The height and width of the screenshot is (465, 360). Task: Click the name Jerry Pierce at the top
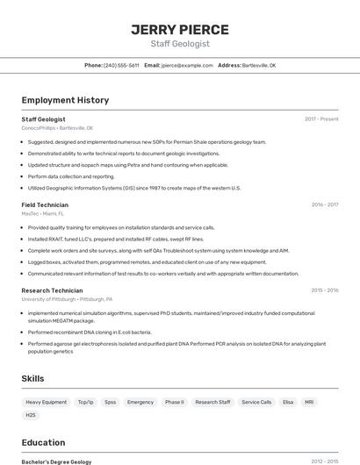click(180, 29)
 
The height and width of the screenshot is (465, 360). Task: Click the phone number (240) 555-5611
click(121, 65)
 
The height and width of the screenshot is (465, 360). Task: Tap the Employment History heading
click(65, 100)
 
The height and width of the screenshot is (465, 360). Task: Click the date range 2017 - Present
click(321, 119)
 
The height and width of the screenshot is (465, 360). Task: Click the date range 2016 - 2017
click(324, 204)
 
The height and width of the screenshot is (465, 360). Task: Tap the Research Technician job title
click(52, 290)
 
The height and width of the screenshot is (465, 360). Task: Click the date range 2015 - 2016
click(324, 290)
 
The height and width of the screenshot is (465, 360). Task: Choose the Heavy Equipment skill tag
click(46, 402)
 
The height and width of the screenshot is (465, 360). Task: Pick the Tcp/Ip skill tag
click(85, 402)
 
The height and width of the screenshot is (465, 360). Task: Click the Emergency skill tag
click(140, 402)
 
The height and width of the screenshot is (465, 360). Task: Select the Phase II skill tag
click(175, 402)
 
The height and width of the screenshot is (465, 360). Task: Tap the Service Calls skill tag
click(257, 402)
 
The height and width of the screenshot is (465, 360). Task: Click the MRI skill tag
click(309, 402)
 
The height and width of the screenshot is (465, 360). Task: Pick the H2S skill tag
click(32, 415)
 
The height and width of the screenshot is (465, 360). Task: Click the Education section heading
click(43, 442)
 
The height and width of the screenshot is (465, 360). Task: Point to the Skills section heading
click(33, 378)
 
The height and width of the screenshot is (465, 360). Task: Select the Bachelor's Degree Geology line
click(56, 461)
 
